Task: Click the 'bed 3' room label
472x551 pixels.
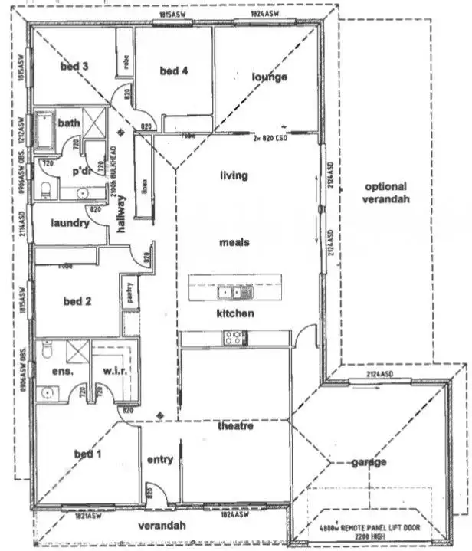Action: click(74, 67)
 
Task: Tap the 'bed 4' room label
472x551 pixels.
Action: click(173, 71)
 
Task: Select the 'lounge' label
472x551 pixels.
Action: click(270, 77)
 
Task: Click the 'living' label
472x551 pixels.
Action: click(234, 175)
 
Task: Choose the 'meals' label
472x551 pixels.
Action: click(234, 242)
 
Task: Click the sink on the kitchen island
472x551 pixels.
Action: click(225, 291)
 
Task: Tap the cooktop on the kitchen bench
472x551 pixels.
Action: click(234, 336)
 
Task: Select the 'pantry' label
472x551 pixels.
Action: click(129, 294)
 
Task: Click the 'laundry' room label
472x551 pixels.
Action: click(70, 224)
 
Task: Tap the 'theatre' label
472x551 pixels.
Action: click(234, 426)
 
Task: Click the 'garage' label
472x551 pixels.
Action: click(369, 462)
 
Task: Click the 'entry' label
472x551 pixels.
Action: click(159, 460)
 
